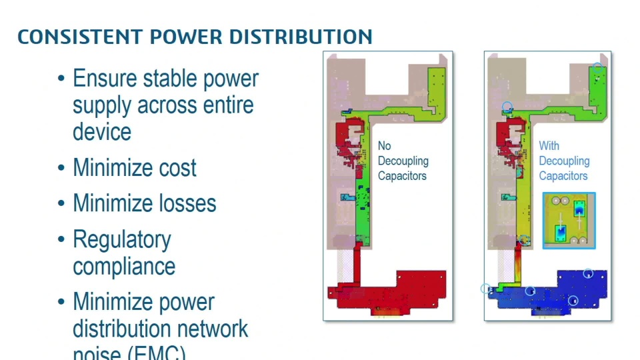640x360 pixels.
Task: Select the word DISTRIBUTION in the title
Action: tap(301, 36)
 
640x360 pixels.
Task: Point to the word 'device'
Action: tap(101, 131)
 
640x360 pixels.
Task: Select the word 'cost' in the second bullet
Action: tap(177, 167)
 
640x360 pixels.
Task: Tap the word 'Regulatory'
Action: tap(122, 239)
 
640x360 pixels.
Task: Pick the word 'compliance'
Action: tap(124, 266)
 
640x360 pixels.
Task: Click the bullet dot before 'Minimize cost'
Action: tap(62, 168)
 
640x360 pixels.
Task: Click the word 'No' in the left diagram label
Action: tap(385, 145)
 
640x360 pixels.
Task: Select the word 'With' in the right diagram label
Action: tap(549, 145)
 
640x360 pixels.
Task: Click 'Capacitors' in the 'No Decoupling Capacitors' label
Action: tap(402, 176)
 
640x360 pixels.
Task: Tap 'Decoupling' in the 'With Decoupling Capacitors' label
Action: tap(564, 161)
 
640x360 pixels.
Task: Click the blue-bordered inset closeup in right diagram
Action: tap(569, 221)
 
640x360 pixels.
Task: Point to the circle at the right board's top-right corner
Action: tap(598, 67)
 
